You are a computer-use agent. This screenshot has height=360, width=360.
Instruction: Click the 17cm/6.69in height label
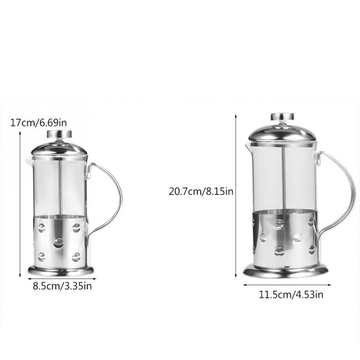(x=39, y=122)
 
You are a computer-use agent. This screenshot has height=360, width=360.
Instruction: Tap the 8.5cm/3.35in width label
(x=62, y=286)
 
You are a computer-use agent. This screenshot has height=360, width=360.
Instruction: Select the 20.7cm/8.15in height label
(x=201, y=191)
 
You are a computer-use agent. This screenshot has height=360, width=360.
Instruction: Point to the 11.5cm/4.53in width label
(x=291, y=295)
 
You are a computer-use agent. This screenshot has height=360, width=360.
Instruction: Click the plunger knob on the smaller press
(x=59, y=134)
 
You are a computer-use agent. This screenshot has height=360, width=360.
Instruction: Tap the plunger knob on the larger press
(x=282, y=117)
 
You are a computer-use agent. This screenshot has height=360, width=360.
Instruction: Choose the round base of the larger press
(x=285, y=271)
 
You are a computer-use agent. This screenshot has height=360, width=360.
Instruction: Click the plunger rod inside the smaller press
(x=59, y=184)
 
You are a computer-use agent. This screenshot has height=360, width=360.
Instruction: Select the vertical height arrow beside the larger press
(x=236, y=196)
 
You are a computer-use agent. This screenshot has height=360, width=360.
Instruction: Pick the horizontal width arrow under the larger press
(x=287, y=285)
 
